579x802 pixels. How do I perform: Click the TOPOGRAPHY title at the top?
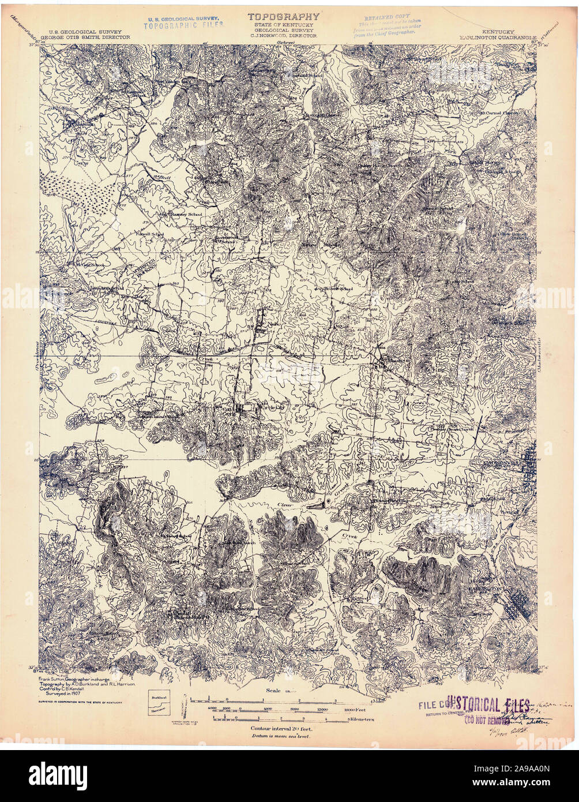click(x=283, y=17)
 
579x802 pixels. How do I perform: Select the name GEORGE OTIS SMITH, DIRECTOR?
click(x=89, y=36)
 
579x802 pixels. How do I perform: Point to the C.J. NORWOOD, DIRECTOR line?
click(x=283, y=35)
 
